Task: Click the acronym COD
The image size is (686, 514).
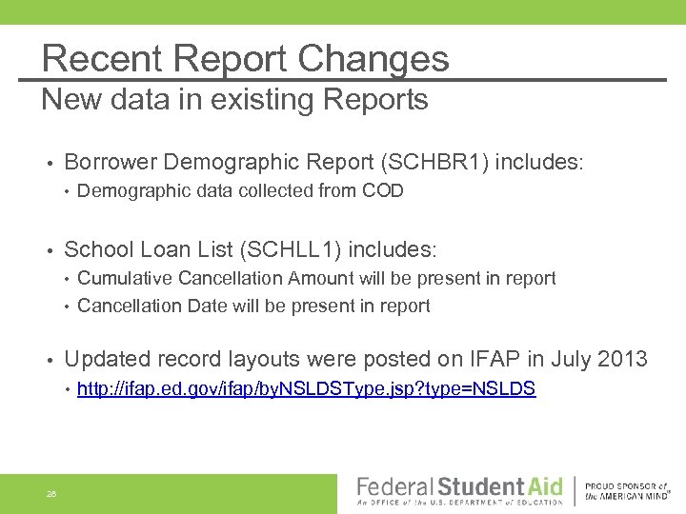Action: (382, 190)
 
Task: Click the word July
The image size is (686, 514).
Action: (565, 359)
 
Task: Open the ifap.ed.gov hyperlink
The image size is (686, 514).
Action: (306, 388)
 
